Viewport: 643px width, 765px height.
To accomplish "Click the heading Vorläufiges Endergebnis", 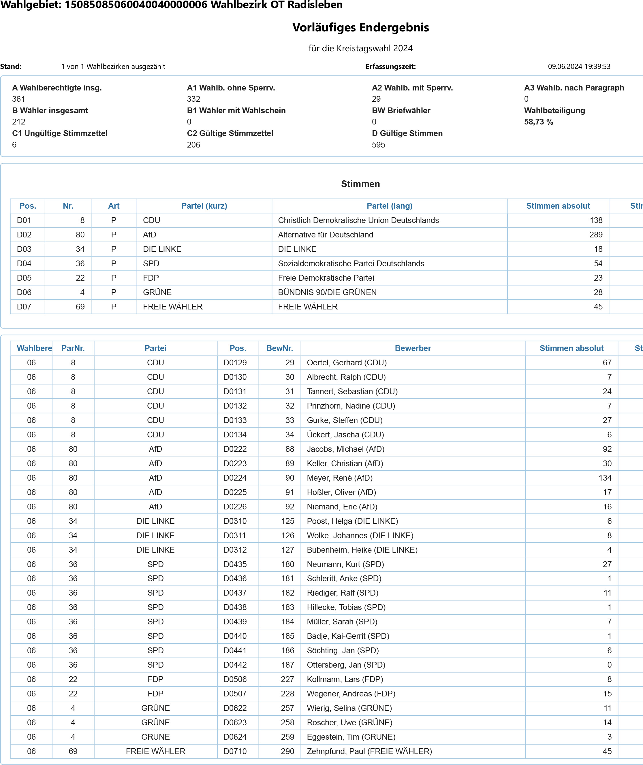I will pos(360,28).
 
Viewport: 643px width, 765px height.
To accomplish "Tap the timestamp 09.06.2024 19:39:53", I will pos(579,66).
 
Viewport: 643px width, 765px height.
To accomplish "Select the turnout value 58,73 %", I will pos(538,122).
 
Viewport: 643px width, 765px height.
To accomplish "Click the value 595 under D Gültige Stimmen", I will pos(378,145).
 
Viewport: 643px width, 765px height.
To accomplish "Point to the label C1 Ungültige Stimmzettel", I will pos(60,133).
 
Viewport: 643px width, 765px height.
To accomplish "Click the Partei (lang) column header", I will pos(389,206).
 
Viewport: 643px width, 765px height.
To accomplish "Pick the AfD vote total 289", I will pos(596,235).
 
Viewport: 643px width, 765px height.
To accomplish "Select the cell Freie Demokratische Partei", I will pos(326,278).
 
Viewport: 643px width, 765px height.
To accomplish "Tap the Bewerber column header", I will pos(413,348).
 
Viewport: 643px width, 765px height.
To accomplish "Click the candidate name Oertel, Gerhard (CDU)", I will pos(347,362).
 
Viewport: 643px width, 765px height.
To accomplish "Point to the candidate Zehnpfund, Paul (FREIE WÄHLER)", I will pos(369,751).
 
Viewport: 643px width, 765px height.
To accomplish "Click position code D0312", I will pos(235,550).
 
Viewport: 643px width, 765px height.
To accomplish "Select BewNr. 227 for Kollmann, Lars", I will pos(287,679).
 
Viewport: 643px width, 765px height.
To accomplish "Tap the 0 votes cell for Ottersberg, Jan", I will pos(609,665).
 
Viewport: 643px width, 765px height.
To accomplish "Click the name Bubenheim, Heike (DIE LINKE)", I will pos(362,550).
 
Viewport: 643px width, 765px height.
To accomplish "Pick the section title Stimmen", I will pos(360,184).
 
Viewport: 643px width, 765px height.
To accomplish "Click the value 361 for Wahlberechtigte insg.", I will pos(18,99).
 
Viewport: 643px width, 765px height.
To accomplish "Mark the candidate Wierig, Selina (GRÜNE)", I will pos(349,708).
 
